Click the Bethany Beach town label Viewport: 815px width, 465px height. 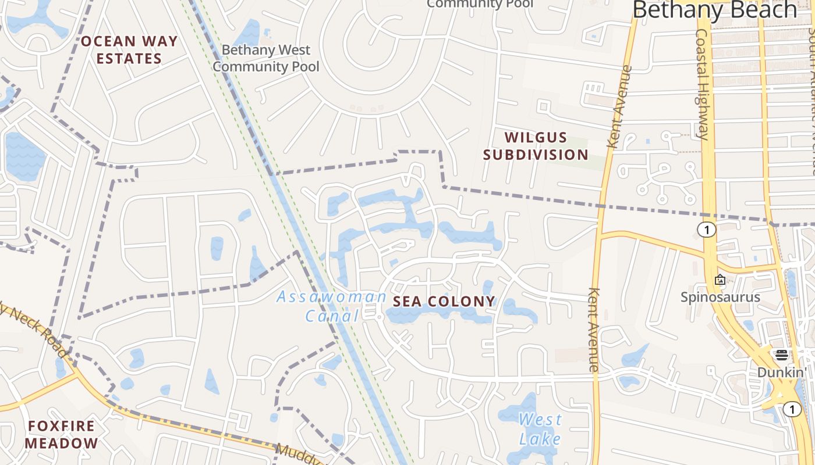714,10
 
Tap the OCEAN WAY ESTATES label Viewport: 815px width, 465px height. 129,50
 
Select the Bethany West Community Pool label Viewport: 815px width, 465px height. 266,58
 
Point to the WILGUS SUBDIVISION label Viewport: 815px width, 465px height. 536,146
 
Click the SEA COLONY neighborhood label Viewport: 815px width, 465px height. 444,301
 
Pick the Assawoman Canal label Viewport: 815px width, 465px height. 331,306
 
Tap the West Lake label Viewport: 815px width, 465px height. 541,428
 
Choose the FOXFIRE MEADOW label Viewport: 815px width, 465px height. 62,434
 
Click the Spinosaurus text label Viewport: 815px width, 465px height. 721,297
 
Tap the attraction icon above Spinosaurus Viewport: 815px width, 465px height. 720,280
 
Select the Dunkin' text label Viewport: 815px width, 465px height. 781,372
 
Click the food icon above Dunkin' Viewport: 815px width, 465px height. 782,355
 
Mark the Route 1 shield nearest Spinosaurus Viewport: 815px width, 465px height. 707,230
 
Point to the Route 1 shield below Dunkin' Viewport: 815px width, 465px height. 792,410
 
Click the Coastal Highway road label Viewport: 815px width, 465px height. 702,84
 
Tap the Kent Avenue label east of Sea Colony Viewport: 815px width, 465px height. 594,330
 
